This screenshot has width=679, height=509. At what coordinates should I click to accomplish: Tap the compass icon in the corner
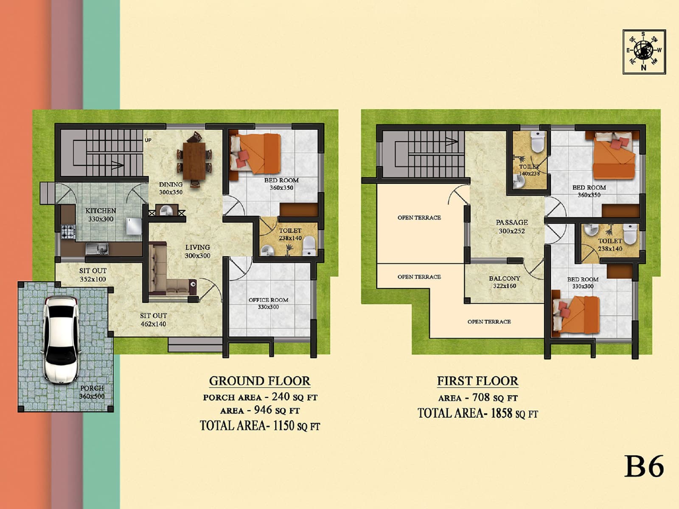[x=644, y=52]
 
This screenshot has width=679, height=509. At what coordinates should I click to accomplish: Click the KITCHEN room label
[x=101, y=211]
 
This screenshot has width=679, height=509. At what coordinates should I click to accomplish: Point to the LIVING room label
[x=197, y=247]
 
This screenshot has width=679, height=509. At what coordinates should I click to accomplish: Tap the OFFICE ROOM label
[x=268, y=300]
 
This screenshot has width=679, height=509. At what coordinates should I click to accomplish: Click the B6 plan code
[x=644, y=466]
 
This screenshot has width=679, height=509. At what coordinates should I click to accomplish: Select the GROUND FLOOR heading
[x=260, y=381]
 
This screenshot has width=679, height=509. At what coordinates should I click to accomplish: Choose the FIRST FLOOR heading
[x=477, y=381]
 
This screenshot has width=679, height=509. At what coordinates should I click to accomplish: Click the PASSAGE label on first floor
[x=512, y=222]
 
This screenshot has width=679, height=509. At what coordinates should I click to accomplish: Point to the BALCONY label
[x=504, y=279]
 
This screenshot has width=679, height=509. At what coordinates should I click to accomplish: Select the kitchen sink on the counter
[x=97, y=248]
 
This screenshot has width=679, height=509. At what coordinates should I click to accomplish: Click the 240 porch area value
[x=281, y=397]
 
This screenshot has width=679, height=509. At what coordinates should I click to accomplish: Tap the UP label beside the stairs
[x=148, y=140]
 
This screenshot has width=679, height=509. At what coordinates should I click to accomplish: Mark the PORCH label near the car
[x=92, y=388]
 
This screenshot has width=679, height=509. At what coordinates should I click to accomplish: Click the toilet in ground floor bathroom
[x=309, y=246]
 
